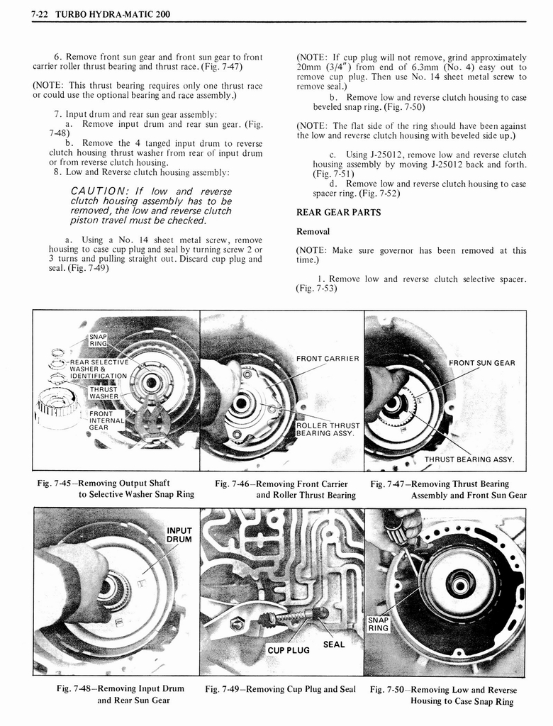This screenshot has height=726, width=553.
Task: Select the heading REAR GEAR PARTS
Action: click(x=337, y=212)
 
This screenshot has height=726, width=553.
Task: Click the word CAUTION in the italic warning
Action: click(x=99, y=191)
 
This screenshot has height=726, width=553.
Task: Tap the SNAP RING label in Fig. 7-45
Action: click(x=97, y=340)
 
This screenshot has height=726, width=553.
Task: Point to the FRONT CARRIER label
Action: click(x=328, y=358)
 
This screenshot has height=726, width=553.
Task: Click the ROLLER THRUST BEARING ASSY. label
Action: click(x=328, y=429)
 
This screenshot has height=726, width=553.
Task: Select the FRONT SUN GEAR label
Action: click(x=482, y=363)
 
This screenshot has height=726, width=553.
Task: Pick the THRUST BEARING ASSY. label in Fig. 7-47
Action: click(x=469, y=459)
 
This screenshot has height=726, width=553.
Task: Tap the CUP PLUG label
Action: click(x=288, y=650)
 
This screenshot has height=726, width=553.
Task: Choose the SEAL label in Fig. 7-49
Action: click(x=333, y=644)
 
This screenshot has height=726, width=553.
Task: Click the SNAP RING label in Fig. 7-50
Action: click(x=378, y=623)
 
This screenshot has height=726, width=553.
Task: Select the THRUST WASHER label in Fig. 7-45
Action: click(x=104, y=392)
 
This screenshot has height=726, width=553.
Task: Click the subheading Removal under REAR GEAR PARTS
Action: click(x=313, y=231)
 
